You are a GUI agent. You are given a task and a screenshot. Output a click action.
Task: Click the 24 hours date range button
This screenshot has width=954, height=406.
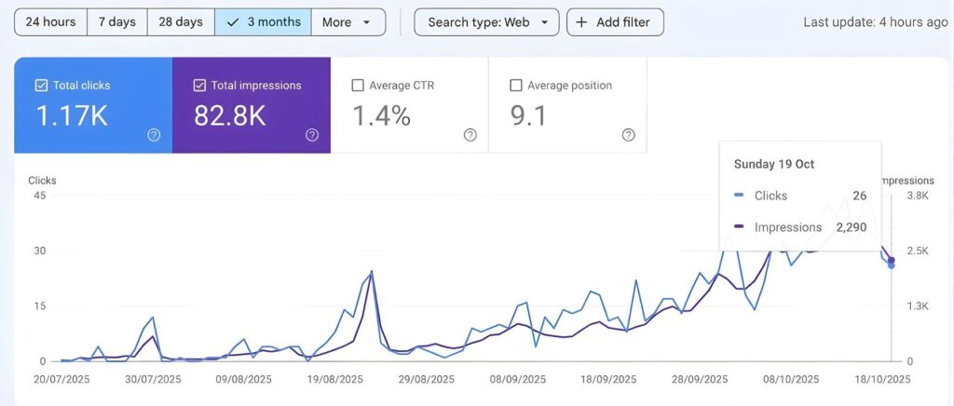tap(50, 22)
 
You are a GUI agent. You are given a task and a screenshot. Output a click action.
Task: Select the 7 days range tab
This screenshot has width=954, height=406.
tap(117, 22)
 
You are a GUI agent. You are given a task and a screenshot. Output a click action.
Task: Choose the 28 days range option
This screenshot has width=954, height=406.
tap(180, 22)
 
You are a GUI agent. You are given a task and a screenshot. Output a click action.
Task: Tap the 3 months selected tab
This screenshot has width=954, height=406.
tap(263, 22)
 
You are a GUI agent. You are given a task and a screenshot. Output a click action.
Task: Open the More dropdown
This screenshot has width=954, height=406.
tap(348, 22)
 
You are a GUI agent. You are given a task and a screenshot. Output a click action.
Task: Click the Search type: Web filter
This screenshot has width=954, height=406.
tap(486, 22)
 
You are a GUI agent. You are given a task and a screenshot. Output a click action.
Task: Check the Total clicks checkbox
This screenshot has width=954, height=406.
tap(41, 86)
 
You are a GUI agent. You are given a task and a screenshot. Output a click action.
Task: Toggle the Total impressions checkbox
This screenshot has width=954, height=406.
tap(199, 86)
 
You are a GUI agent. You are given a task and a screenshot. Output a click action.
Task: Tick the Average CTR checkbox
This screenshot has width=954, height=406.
tap(358, 86)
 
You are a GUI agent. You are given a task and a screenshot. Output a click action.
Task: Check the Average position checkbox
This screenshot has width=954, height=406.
tap(516, 86)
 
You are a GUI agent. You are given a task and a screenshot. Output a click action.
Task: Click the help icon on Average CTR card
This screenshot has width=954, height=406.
tap(470, 135)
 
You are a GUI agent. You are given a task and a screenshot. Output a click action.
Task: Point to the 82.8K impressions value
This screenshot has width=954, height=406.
tap(229, 116)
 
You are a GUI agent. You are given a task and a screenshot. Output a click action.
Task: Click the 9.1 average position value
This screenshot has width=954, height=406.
tap(529, 116)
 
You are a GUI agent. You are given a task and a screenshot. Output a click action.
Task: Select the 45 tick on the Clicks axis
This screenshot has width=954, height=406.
tap(40, 196)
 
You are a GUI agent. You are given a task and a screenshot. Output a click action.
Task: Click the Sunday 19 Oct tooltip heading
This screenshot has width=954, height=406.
tap(774, 164)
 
